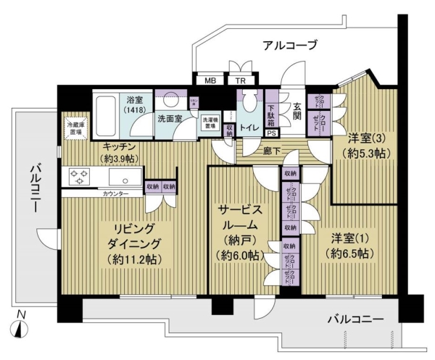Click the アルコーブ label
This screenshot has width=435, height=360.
(x=289, y=45)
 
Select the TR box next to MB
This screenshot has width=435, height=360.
(x=236, y=80)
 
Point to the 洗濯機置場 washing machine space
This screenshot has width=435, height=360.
(x=210, y=124)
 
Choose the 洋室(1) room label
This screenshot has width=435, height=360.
(x=352, y=246)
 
